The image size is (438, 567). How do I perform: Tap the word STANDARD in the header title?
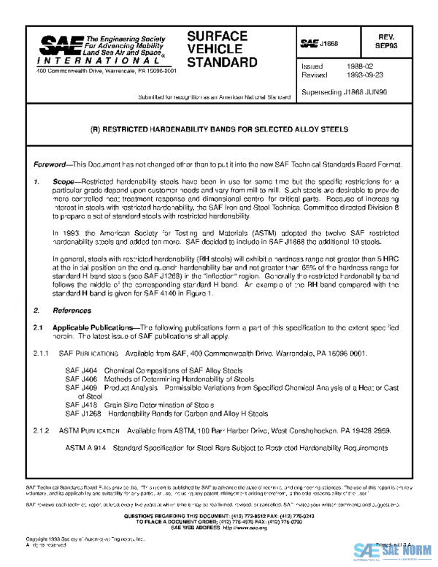tap(222, 63)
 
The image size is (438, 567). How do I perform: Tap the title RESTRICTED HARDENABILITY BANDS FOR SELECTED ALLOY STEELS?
tap(218, 129)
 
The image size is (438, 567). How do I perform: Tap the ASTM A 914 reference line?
tap(226, 447)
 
